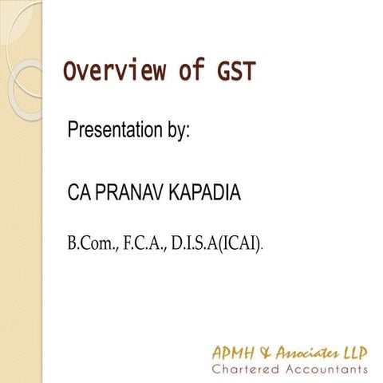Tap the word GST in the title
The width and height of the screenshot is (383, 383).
click(235, 71)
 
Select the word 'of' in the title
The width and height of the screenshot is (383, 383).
click(191, 71)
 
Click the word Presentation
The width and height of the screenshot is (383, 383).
click(117, 128)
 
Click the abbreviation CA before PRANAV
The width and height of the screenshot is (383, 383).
click(80, 194)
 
